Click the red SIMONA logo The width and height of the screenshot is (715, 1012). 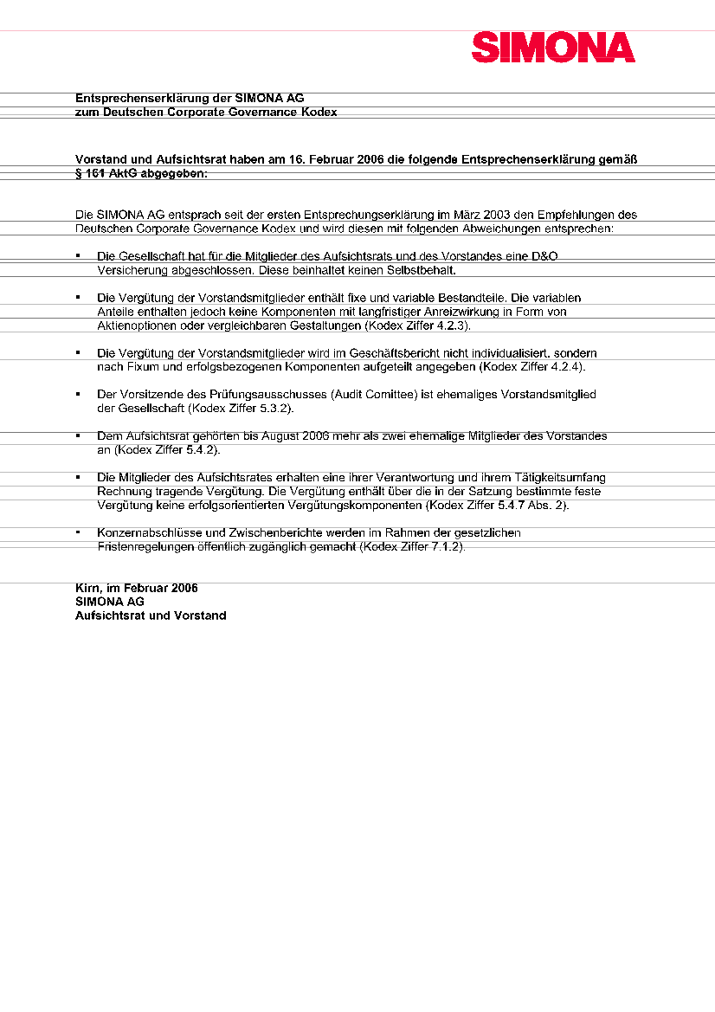point(553,48)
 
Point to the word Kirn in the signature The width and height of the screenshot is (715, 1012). point(87,588)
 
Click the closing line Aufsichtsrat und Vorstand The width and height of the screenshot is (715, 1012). point(151,616)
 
